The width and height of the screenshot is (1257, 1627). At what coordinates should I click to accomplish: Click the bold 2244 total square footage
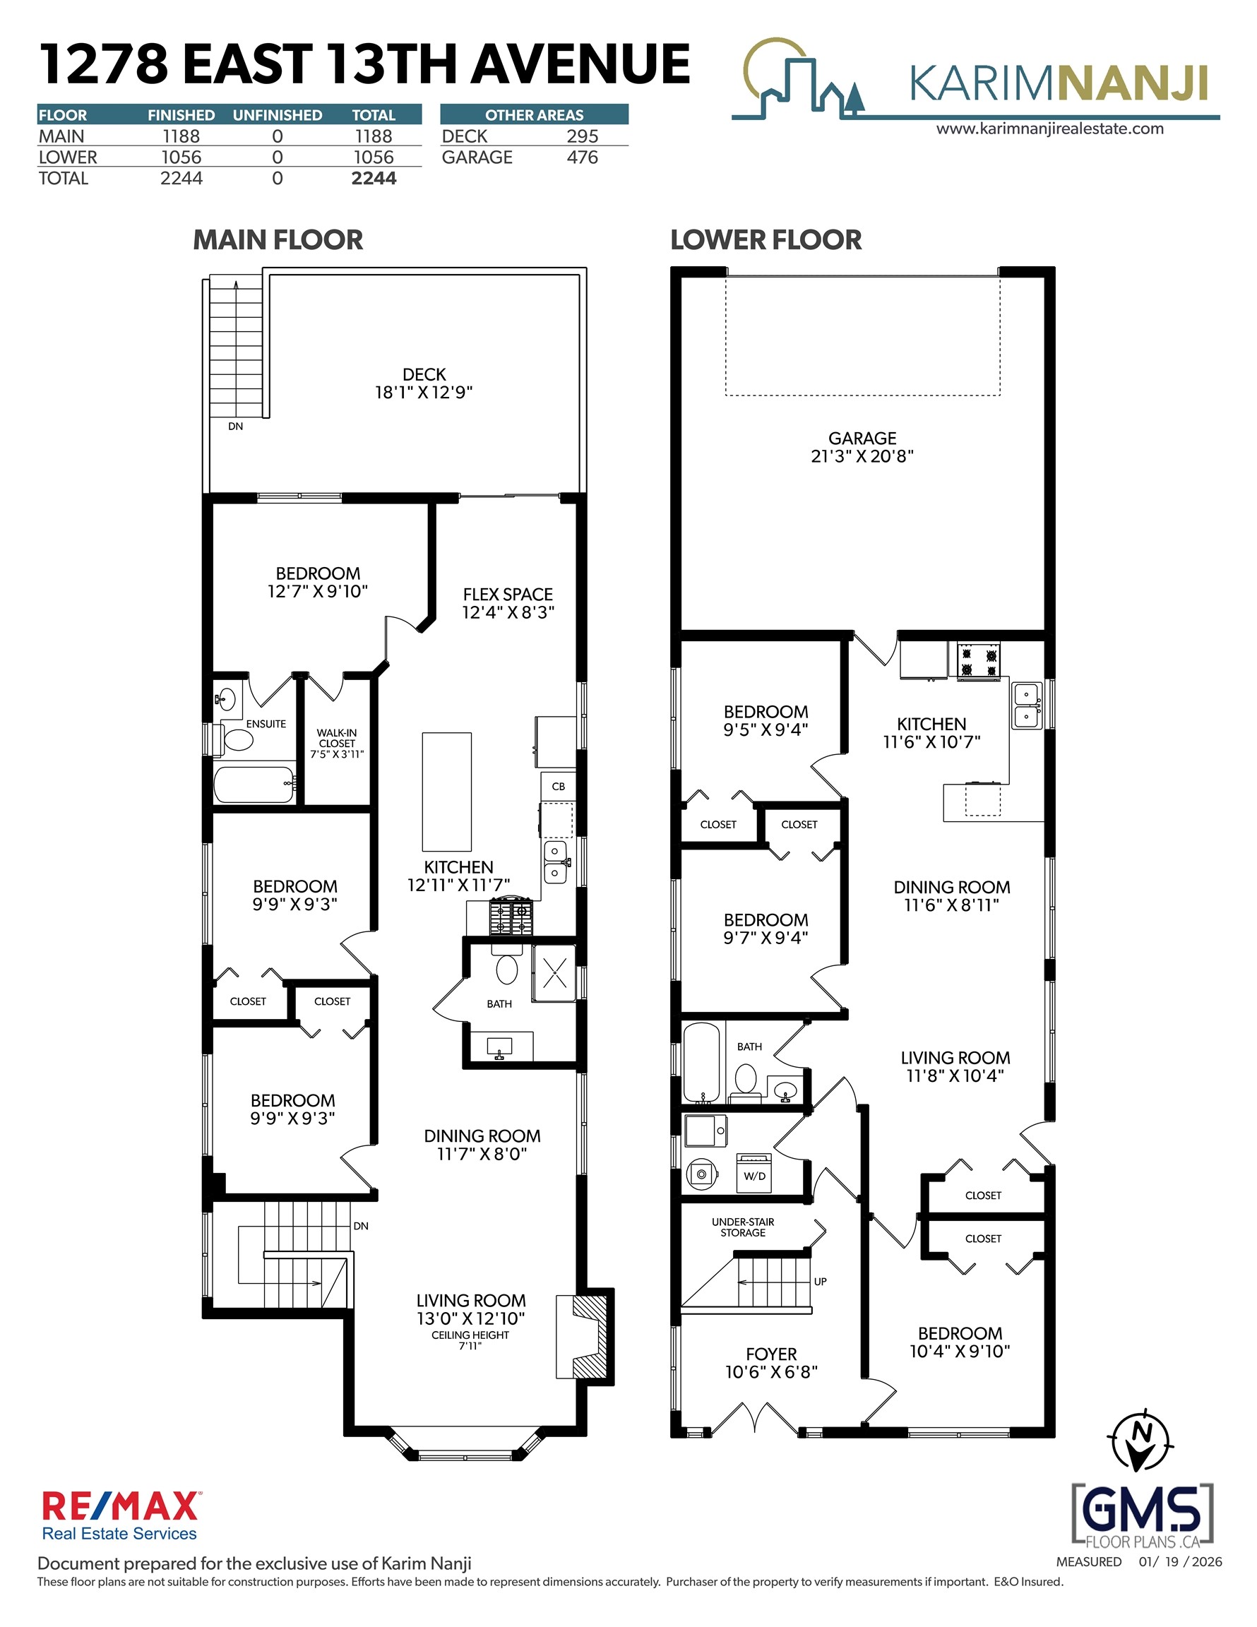374,178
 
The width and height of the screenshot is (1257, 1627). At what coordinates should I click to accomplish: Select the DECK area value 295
582,136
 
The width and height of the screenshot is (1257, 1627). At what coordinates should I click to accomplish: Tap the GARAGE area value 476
582,157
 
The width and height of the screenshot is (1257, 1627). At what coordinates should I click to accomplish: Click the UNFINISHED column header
278,114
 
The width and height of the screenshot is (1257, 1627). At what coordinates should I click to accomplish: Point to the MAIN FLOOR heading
278,240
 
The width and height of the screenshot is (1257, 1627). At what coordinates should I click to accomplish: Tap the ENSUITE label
266,723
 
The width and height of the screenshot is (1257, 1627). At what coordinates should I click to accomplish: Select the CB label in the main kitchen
558,786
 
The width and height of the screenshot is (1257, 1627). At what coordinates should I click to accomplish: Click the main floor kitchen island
446,791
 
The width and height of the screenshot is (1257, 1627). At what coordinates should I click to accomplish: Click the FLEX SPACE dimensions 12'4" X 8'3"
508,612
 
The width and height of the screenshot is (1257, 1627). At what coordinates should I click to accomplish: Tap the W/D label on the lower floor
754,1176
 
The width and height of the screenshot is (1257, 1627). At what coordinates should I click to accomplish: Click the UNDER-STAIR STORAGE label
743,1227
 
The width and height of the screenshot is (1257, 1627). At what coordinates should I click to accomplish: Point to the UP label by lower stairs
821,1282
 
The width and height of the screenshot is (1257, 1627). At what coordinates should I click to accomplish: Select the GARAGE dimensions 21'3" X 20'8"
862,456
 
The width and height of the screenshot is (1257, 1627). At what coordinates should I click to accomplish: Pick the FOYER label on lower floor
771,1354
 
